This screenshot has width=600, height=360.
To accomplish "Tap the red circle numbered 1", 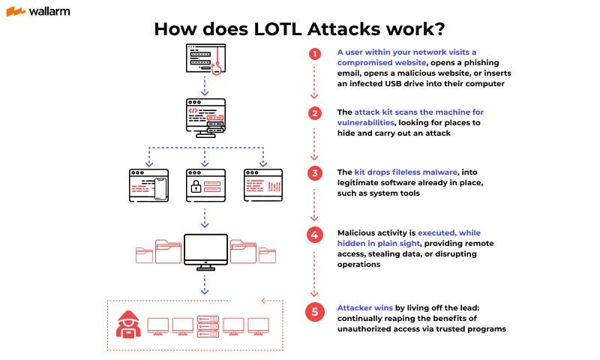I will pyautogui.click(x=315, y=54).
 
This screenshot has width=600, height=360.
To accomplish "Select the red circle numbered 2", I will pyautogui.click(x=315, y=114).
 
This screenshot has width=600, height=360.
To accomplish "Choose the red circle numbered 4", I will pyautogui.click(x=315, y=234).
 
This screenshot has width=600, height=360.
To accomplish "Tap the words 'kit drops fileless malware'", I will pyautogui.click(x=404, y=172).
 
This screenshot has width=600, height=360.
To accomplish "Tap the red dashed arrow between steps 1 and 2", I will pyautogui.click(x=315, y=84).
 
